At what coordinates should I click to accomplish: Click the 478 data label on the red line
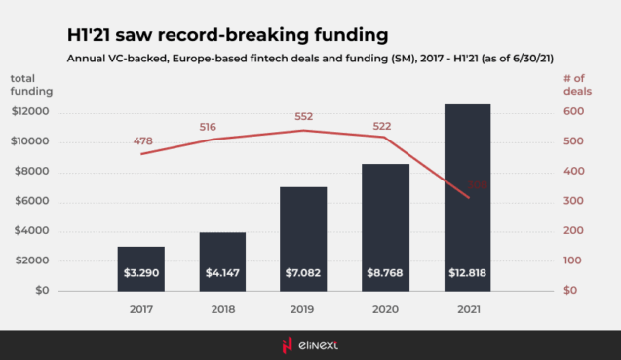click(x=143, y=141)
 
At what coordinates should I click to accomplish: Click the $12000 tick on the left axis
click(x=29, y=112)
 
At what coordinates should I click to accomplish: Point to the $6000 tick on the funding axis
click(x=32, y=201)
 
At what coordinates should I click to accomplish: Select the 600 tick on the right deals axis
click(x=574, y=112)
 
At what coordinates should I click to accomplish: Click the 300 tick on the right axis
click(x=574, y=201)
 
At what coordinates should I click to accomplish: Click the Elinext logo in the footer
click(x=310, y=344)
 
